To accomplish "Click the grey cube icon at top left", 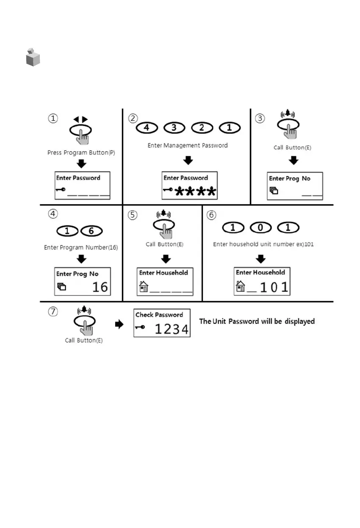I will [33, 58].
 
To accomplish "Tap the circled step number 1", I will [52, 119].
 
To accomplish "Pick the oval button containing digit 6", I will [91, 231].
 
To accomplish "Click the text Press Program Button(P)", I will [81, 152].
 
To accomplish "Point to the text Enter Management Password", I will [188, 145].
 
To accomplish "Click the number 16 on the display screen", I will [100, 287].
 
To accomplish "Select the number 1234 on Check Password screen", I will [172, 329].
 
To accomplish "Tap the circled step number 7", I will [52, 312].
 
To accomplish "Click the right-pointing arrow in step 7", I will [119, 324].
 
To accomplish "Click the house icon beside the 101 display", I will [240, 286].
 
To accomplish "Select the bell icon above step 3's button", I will [288, 113].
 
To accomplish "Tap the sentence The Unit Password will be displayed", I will [257, 321].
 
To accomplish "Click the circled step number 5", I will [133, 215].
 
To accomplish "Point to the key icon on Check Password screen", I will [141, 327].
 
